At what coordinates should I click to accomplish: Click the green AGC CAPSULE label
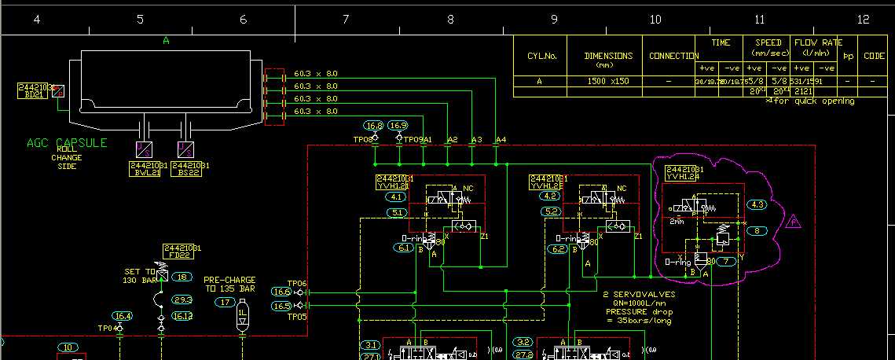[67, 143]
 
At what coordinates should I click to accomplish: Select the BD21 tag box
[33, 90]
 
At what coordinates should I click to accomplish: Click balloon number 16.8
[374, 126]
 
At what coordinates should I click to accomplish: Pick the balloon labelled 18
[182, 277]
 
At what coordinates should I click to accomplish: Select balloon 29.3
[182, 299]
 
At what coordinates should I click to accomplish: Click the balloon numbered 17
[226, 302]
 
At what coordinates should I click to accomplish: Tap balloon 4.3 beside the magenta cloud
[757, 204]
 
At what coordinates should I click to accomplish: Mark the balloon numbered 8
[757, 231]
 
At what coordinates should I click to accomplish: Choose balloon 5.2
[551, 211]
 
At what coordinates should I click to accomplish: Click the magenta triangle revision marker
[793, 222]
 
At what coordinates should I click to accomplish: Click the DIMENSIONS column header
[608, 57]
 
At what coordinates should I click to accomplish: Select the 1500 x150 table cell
[608, 81]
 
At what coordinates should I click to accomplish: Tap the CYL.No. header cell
[541, 57]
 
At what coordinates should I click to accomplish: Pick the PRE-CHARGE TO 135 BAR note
[229, 284]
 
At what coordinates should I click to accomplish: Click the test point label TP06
[296, 284]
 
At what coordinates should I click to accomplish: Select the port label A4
[501, 140]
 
